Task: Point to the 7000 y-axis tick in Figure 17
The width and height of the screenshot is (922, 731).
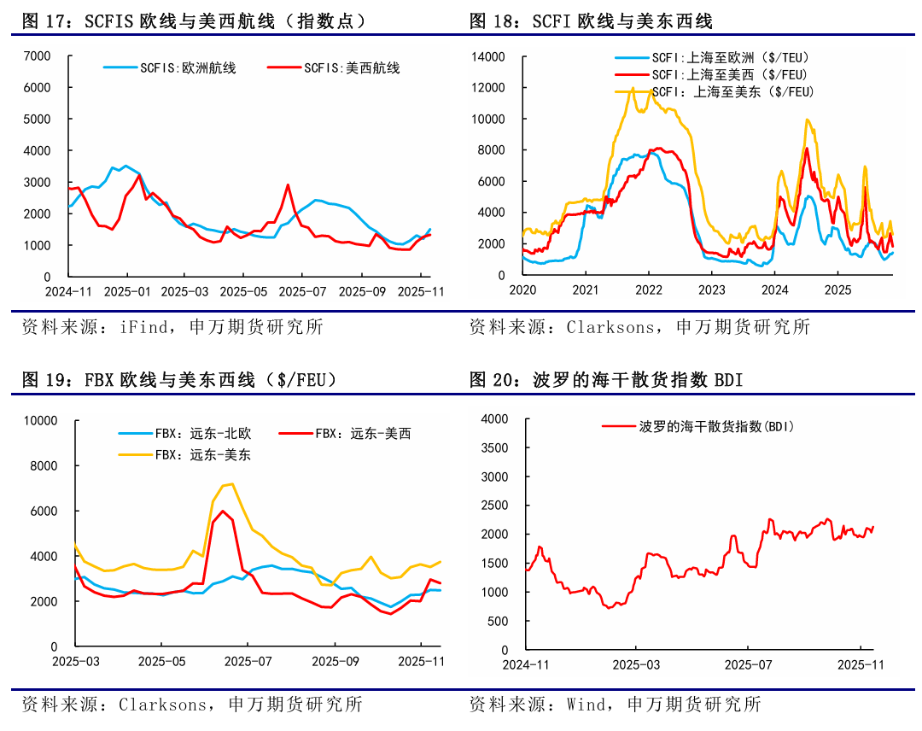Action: pos(37,56)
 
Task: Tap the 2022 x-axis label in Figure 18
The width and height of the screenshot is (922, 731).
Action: pos(649,290)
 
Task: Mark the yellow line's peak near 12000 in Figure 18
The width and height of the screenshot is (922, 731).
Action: pos(633,88)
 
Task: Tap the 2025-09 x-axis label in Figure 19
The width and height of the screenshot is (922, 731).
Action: pos(335,661)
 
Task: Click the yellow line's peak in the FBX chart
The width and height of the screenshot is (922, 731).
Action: pos(232,484)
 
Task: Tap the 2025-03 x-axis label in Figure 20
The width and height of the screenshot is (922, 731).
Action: pos(637,664)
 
